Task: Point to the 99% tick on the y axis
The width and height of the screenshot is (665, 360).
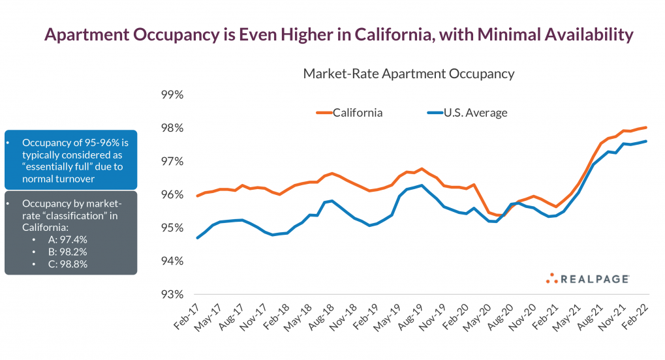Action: tap(172, 95)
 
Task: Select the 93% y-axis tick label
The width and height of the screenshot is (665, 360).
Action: tap(172, 294)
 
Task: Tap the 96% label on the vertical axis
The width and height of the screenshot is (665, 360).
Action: tap(172, 194)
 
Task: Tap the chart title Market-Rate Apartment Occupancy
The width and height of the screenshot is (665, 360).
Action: tap(409, 74)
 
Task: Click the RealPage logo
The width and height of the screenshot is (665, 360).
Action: tap(587, 278)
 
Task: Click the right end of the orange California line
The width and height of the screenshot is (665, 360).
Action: tap(646, 127)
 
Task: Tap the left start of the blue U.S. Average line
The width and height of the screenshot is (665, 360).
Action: tap(197, 237)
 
